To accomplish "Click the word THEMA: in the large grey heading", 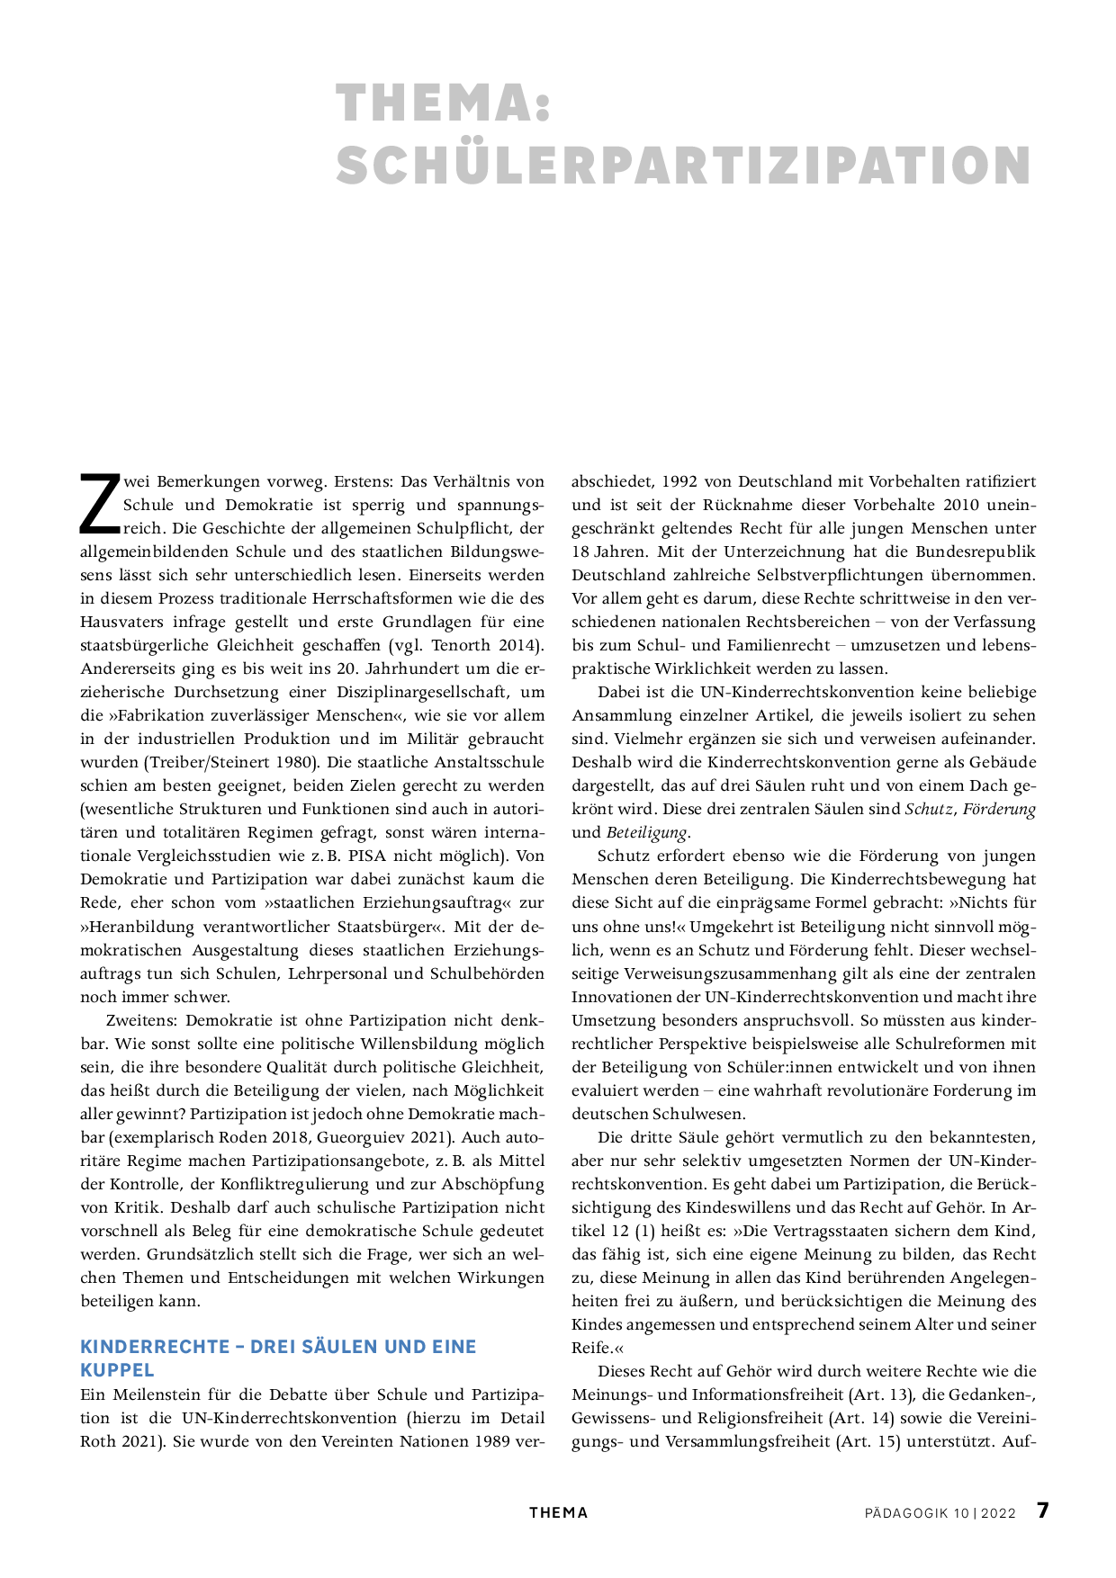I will (443, 103).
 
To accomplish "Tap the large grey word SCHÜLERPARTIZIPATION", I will (684, 166).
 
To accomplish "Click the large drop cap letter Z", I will (99, 504).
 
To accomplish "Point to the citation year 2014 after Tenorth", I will (517, 645).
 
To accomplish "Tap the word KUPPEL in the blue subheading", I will (117, 1370).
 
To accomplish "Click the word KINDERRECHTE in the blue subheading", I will (155, 1347).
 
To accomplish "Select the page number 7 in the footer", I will (1042, 1511).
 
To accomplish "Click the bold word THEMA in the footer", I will (558, 1513).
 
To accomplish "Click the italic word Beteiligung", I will (646, 832).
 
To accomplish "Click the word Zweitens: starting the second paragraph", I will (141, 1020).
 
